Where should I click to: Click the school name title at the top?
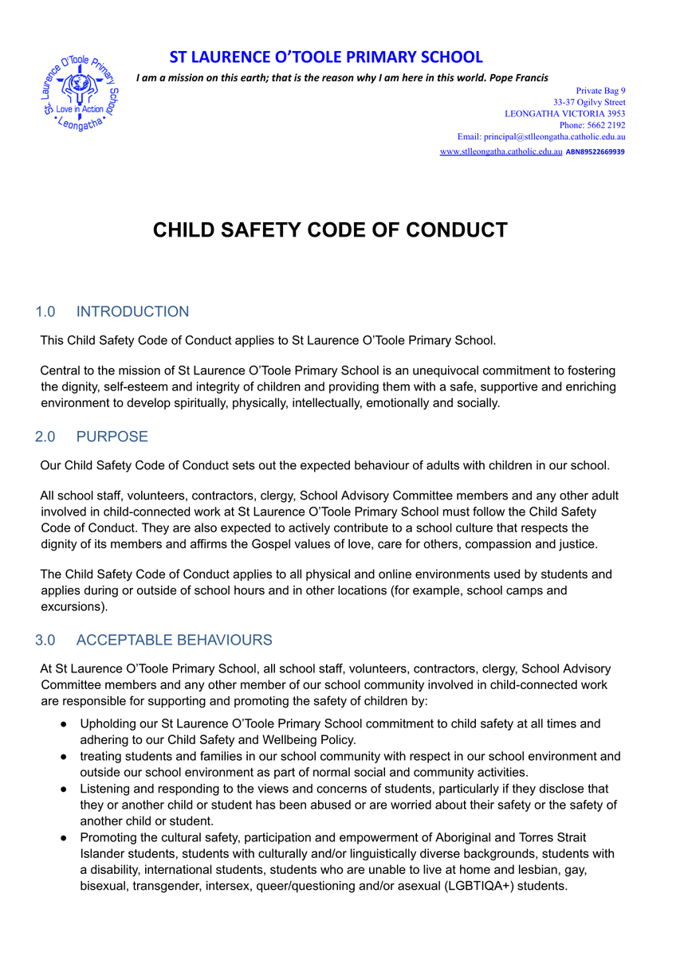(326, 57)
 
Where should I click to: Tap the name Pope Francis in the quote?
(519, 77)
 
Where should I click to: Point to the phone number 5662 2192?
(605, 125)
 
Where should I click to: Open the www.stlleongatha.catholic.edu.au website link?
(501, 151)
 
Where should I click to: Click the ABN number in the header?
(595, 151)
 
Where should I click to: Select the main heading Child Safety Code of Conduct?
(330, 230)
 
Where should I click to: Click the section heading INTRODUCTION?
(133, 311)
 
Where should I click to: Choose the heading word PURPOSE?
(112, 437)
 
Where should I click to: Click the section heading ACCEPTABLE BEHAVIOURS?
(175, 640)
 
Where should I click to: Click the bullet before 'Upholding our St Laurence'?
(63, 724)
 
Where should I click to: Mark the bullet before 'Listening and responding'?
(63, 789)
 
